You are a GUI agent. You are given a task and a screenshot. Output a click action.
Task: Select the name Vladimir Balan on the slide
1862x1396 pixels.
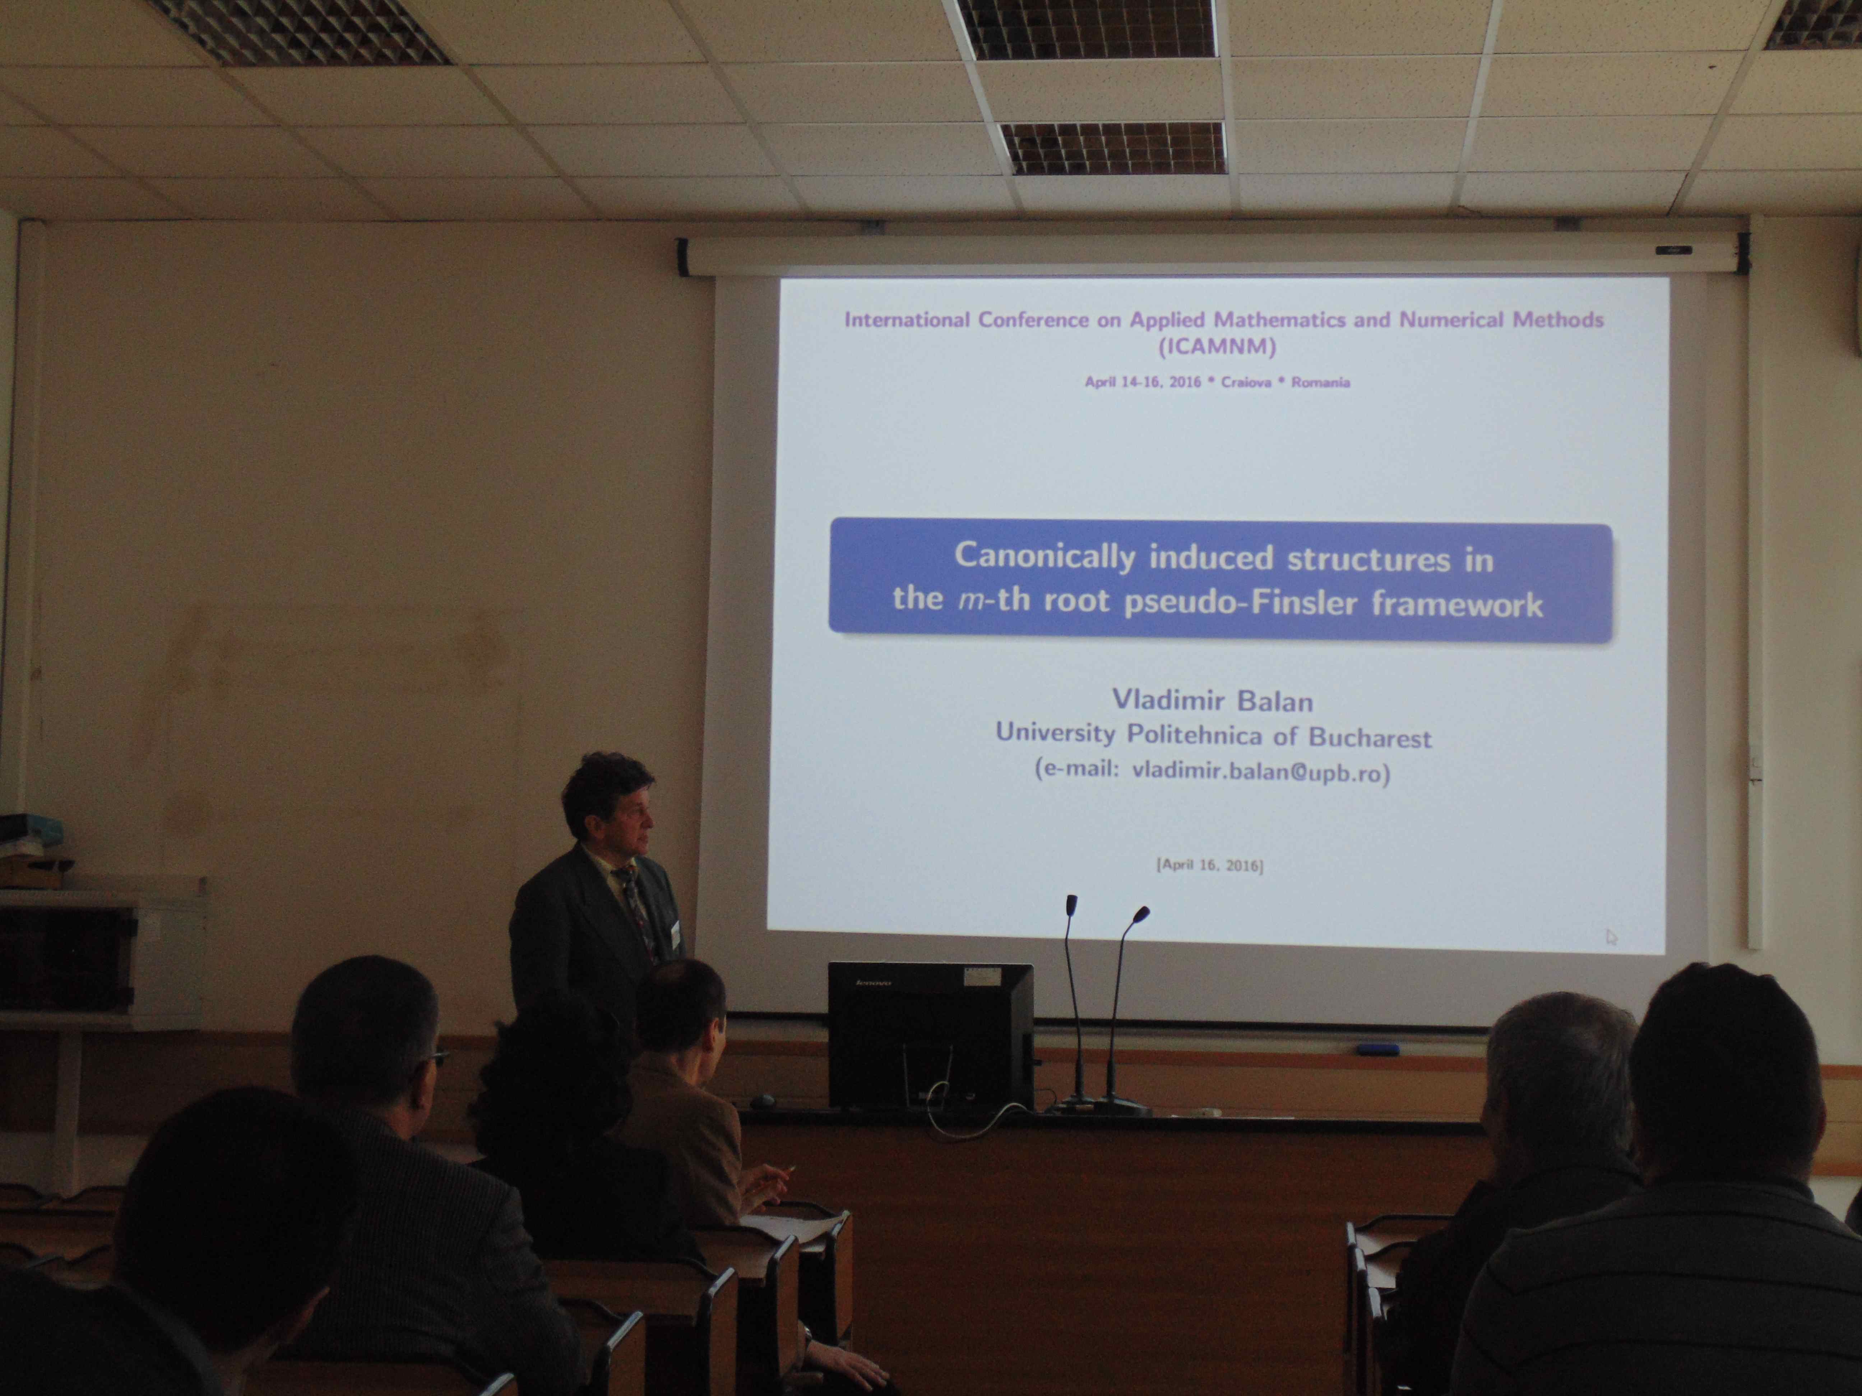point(1200,700)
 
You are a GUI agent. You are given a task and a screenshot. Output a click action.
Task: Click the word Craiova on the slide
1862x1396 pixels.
point(1245,382)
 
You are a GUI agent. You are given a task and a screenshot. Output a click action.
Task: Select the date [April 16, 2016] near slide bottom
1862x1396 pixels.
point(1210,865)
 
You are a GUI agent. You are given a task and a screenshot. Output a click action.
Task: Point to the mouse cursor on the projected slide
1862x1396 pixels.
point(1611,936)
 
